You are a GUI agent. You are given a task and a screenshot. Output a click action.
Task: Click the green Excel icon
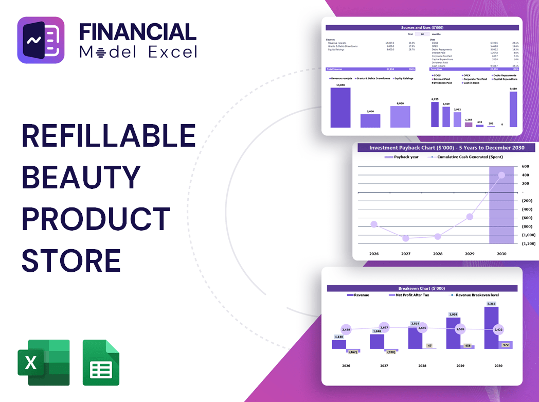[x=43, y=362]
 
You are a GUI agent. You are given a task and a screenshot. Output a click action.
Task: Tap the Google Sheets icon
[x=101, y=362]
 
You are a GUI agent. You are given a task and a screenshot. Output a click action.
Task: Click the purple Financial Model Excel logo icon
[x=41, y=40]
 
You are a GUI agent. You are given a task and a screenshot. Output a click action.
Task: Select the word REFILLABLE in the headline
[x=109, y=137]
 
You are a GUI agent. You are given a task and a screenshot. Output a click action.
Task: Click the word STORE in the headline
[x=71, y=260]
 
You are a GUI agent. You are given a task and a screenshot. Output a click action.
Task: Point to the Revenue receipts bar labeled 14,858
[x=340, y=108]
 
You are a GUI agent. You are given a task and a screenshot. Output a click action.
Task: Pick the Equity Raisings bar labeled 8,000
[x=400, y=116]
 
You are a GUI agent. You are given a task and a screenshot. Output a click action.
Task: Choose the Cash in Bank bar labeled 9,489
[x=513, y=109]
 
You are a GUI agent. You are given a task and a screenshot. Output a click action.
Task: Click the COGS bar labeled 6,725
[x=435, y=114]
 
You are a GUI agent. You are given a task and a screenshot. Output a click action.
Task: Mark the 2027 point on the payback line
[x=406, y=238]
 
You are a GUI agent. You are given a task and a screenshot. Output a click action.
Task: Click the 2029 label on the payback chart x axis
[x=470, y=254]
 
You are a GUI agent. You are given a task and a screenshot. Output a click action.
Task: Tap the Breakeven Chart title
[x=422, y=288]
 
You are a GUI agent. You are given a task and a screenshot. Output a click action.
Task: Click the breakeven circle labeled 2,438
[x=346, y=329]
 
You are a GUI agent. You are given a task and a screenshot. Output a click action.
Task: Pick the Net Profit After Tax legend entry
[x=411, y=295]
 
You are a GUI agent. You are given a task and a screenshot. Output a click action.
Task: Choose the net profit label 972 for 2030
[x=505, y=345]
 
